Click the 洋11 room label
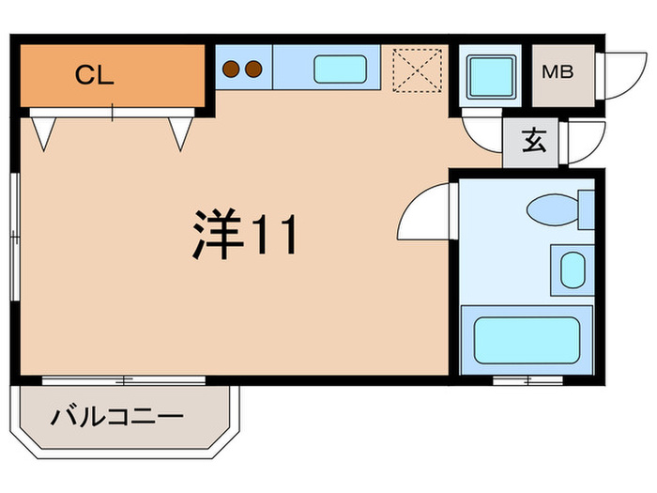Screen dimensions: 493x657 pyautogui.click(x=246, y=233)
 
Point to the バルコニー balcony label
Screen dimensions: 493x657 pyautogui.click(x=118, y=414)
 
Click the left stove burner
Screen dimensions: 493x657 pyautogui.click(x=233, y=68)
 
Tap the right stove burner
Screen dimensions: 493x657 pyautogui.click(x=252, y=68)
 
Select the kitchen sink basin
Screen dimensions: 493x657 pyautogui.click(x=340, y=69)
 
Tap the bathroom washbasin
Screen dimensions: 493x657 pyautogui.click(x=572, y=270)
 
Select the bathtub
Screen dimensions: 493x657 pyautogui.click(x=526, y=339)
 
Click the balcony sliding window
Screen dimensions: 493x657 pyautogui.click(x=124, y=379)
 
